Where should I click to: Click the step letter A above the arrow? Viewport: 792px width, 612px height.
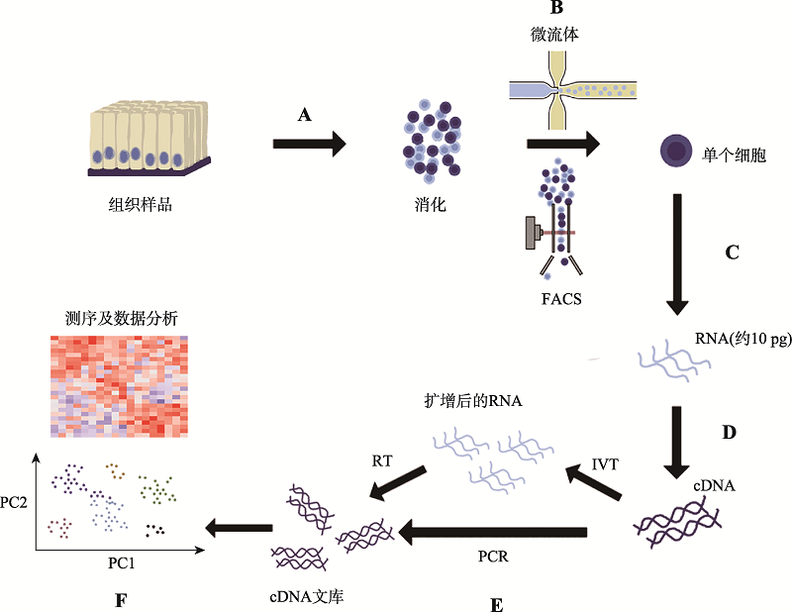click(305, 115)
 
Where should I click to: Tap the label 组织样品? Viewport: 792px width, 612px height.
click(141, 205)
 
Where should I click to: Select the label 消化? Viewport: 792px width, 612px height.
click(431, 205)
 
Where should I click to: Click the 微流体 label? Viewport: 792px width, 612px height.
click(554, 35)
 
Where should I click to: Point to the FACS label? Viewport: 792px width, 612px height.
click(561, 299)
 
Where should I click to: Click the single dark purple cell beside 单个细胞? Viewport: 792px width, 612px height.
click(676, 151)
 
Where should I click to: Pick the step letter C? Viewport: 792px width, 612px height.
click(732, 253)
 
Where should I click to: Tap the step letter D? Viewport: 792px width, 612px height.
click(729, 433)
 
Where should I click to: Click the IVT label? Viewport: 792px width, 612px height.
click(605, 463)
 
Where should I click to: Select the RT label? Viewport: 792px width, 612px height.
click(382, 460)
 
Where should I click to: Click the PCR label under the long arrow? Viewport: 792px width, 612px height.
click(493, 557)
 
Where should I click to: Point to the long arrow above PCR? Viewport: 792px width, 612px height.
click(493, 532)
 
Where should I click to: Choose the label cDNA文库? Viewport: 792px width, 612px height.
click(307, 597)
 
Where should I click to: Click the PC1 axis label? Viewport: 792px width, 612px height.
click(121, 562)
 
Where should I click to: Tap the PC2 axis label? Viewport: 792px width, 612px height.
click(14, 502)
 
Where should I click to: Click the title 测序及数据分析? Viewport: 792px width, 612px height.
click(122, 319)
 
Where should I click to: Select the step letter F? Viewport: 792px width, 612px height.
click(121, 601)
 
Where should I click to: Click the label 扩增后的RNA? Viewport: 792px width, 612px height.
click(473, 401)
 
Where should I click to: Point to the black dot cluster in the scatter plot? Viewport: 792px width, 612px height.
click(155, 530)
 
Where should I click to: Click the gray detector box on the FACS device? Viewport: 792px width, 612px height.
click(531, 233)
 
